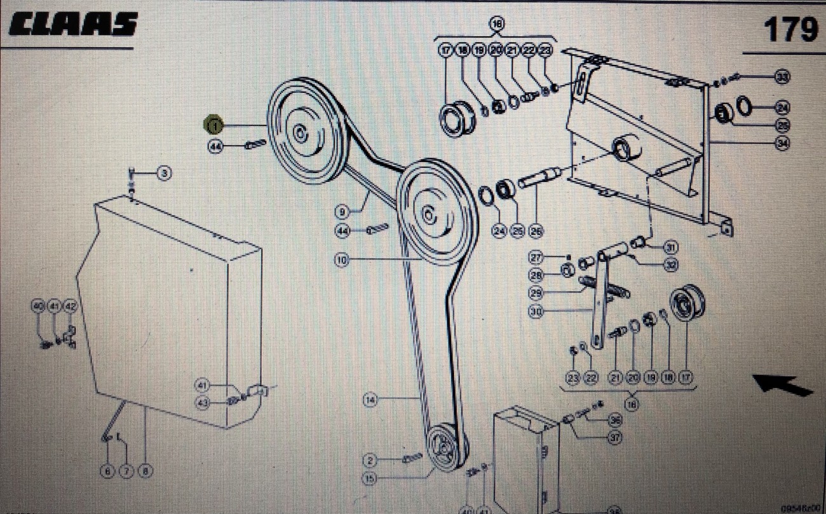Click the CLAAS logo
[73, 25]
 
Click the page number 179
[790, 29]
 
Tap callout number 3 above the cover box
[164, 172]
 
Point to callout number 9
[342, 211]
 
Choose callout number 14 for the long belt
[370, 399]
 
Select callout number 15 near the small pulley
[370, 477]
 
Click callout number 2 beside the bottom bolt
[370, 459]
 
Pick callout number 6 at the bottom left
[107, 471]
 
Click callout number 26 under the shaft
[536, 232]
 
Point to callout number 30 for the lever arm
[536, 312]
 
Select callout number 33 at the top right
[782, 77]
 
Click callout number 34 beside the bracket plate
[782, 144]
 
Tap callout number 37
[614, 437]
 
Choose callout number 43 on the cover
[203, 402]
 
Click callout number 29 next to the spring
[536, 293]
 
